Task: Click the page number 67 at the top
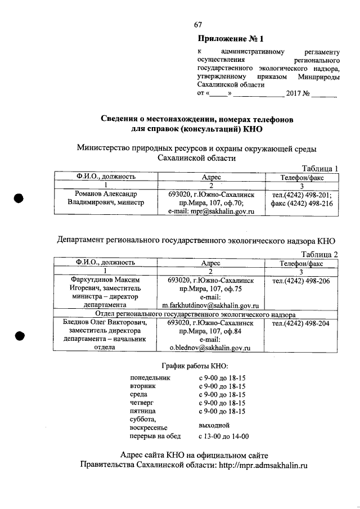[198, 24]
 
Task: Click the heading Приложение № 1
[231, 39]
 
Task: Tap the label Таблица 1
[319, 168]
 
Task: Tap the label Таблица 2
[319, 254]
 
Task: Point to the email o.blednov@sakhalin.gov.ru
[210, 348]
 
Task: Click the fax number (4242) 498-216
[301, 204]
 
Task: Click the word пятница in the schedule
[143, 411]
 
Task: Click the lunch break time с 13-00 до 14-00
[224, 436]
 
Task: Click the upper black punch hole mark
[19, 199]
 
